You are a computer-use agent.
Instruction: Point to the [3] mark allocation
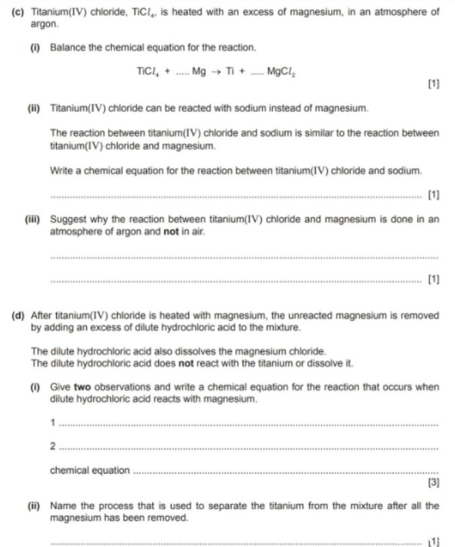(x=433, y=482)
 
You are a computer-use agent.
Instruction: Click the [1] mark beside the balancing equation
(x=433, y=84)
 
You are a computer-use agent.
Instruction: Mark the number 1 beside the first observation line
(x=53, y=424)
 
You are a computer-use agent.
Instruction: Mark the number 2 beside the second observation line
(x=53, y=447)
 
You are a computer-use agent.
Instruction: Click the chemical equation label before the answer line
(x=90, y=471)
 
